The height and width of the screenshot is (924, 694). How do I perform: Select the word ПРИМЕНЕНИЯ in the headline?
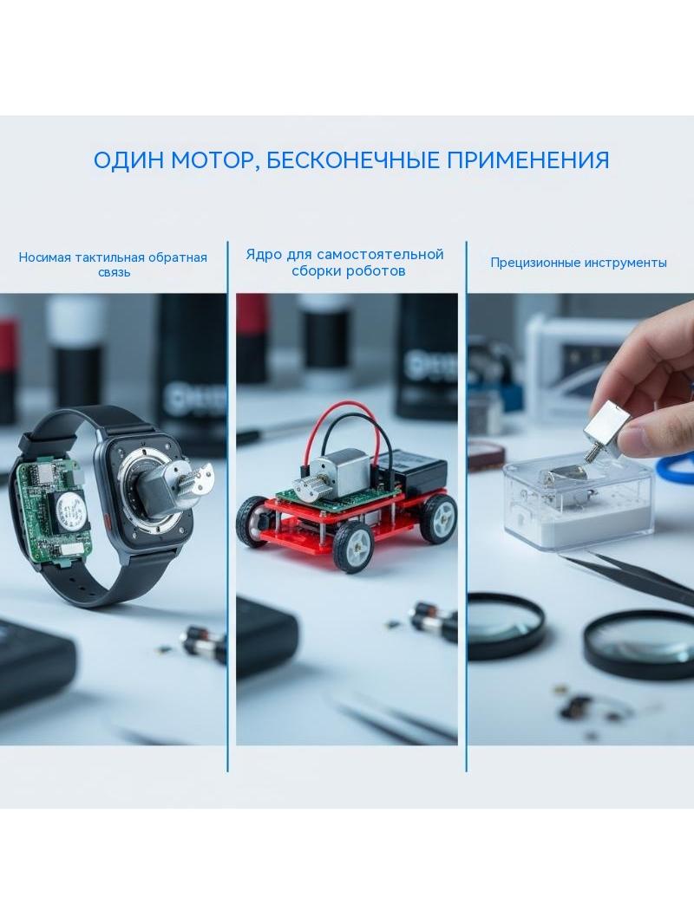point(527,160)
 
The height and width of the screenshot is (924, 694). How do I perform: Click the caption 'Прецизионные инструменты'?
point(579,263)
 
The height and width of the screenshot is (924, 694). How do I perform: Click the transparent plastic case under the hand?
point(579,503)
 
